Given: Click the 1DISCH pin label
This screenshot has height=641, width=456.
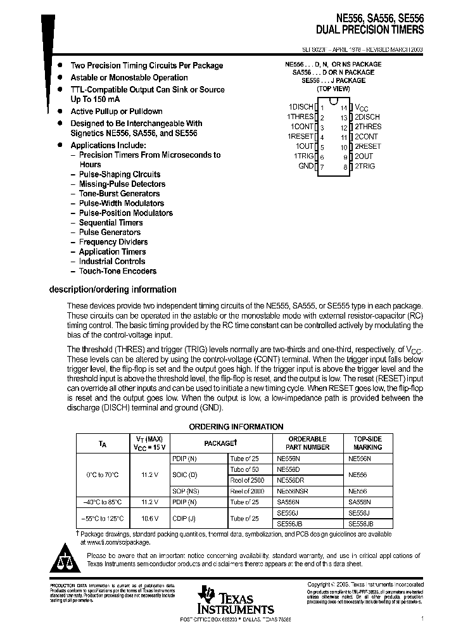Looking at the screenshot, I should [301, 108].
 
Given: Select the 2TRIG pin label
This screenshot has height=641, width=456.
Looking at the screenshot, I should [365, 166].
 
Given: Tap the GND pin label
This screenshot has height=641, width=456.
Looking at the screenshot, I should [306, 166].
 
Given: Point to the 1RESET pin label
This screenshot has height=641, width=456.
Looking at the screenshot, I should [301, 137].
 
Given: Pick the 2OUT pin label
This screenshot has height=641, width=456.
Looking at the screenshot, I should [364, 156].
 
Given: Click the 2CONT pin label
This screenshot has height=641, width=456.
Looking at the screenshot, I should [366, 137].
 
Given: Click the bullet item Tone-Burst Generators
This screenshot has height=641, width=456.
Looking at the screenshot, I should [118, 194].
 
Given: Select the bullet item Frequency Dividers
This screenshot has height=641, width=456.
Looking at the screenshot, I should [113, 242].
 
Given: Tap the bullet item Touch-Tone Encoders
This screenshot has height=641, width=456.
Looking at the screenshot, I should [117, 271].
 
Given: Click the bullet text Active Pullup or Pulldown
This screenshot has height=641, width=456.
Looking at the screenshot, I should [116, 111].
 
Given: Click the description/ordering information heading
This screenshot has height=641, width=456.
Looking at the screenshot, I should [113, 289].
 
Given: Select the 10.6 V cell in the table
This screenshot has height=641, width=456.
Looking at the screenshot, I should [149, 518].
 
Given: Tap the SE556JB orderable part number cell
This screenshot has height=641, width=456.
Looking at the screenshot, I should [290, 524].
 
